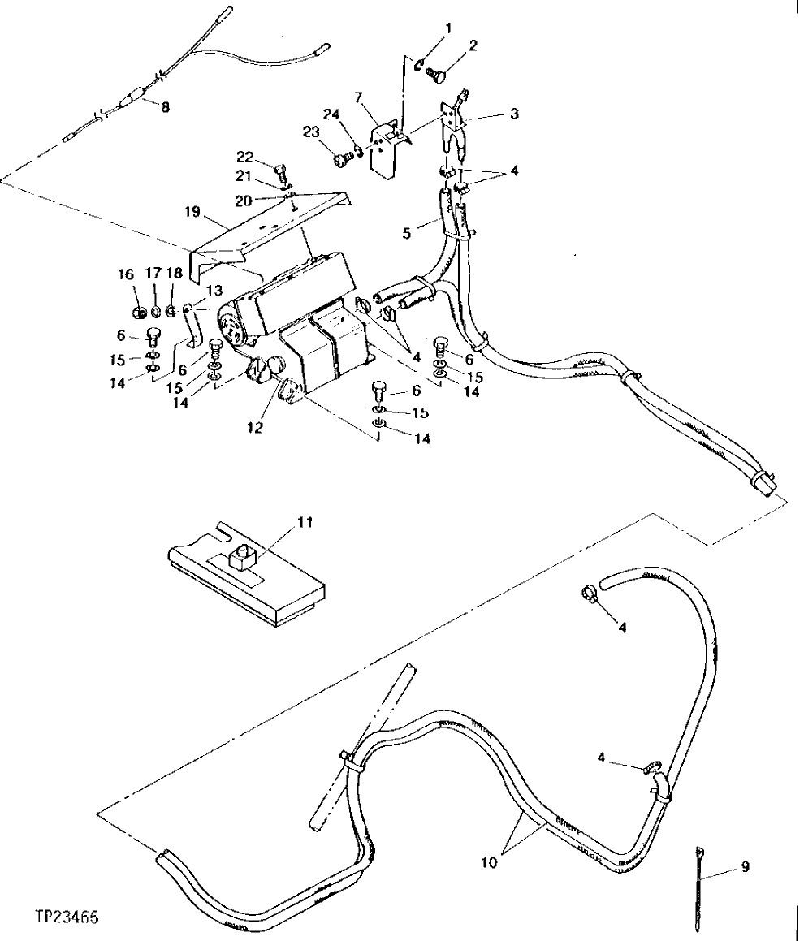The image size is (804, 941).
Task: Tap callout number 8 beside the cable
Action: click(x=166, y=106)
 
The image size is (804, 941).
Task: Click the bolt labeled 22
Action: click(x=281, y=172)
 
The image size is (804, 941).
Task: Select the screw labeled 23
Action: click(x=340, y=160)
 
